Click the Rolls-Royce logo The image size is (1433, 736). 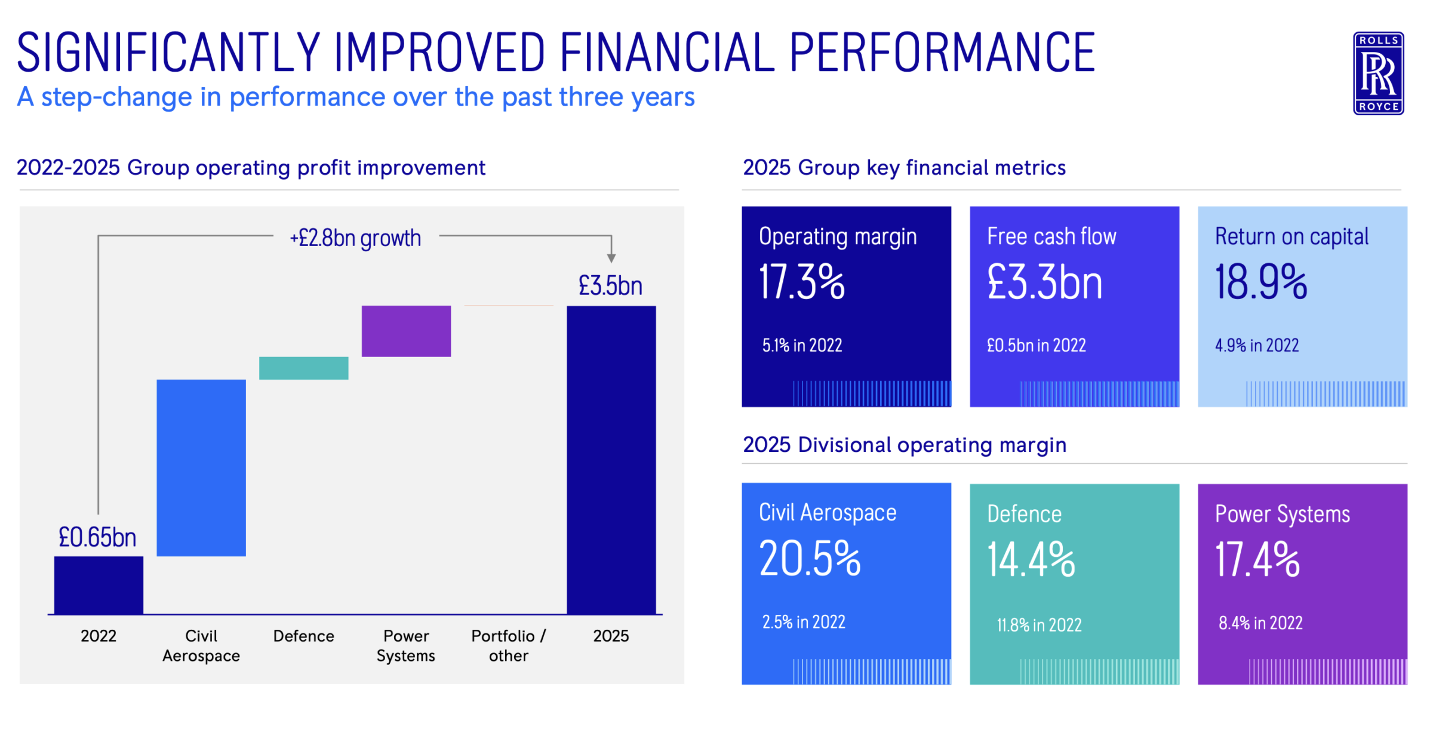coord(1377,73)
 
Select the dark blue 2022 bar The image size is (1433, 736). coord(99,585)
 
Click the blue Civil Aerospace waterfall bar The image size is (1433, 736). coord(201,467)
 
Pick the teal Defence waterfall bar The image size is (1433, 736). coord(303,368)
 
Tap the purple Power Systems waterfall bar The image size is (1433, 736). coord(406,331)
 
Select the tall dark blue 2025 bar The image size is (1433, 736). coord(611,460)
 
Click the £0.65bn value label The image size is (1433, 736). coord(97,537)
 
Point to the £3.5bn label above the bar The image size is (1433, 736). coord(610,285)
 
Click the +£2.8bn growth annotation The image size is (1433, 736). coord(355,238)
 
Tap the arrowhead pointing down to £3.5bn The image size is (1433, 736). coord(611,258)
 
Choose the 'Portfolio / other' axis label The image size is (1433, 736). coord(508,645)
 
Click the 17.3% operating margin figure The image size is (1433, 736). coord(801,282)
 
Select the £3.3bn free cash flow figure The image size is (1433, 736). coord(1044,282)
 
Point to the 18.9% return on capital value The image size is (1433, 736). coord(1260,282)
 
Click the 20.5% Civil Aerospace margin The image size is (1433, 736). coord(810,559)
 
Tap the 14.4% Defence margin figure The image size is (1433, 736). coord(1031,560)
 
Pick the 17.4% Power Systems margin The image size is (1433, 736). coord(1257,560)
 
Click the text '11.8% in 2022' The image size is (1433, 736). coord(1039,625)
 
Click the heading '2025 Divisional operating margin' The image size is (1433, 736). coord(904,445)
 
